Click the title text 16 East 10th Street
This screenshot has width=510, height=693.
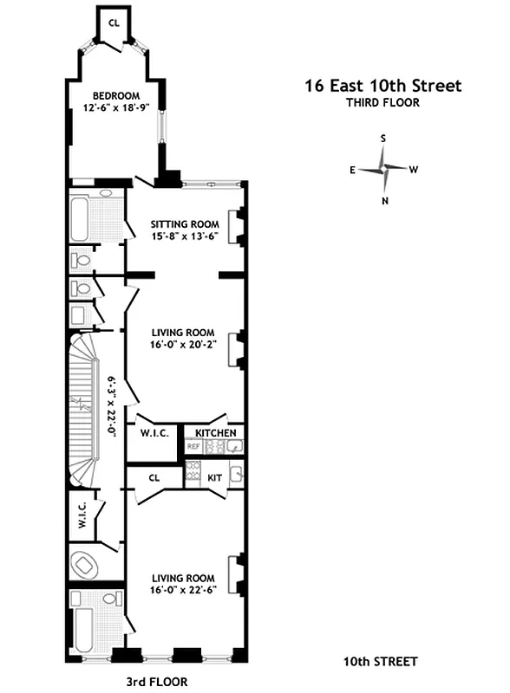pyautogui.click(x=382, y=86)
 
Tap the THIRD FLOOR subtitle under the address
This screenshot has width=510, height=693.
pyautogui.click(x=382, y=102)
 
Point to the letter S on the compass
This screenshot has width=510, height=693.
pyautogui.click(x=382, y=138)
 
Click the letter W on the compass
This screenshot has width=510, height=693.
pyautogui.click(x=414, y=170)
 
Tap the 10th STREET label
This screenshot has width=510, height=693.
pyautogui.click(x=380, y=662)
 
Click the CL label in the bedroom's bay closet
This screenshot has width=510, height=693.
pyautogui.click(x=114, y=23)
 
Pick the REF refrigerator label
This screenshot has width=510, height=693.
pyautogui.click(x=193, y=447)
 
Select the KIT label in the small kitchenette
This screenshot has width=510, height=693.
pyautogui.click(x=215, y=476)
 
